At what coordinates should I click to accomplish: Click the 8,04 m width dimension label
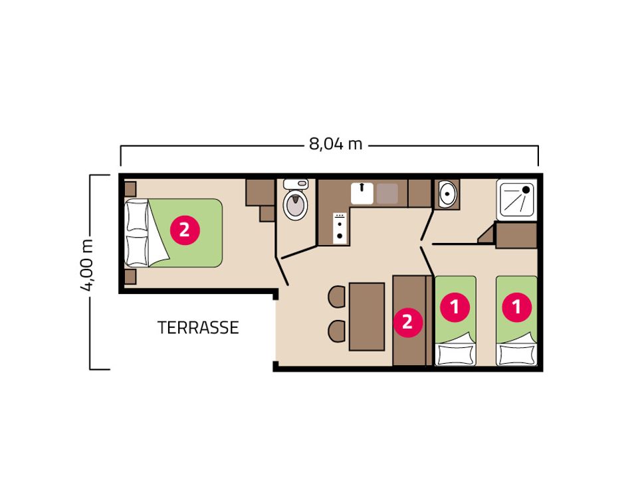pyautogui.click(x=336, y=144)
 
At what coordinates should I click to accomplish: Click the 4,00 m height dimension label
pyautogui.click(x=86, y=266)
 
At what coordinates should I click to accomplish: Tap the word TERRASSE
pyautogui.click(x=198, y=327)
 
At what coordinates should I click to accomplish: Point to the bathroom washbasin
pyautogui.click(x=447, y=194)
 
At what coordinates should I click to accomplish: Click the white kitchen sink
pyautogui.click(x=362, y=193)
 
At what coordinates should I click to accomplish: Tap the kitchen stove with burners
pyautogui.click(x=340, y=228)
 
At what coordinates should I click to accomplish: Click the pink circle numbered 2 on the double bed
pyautogui.click(x=184, y=230)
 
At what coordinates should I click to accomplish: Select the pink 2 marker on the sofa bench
pyautogui.click(x=407, y=322)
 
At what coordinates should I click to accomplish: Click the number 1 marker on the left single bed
pyautogui.click(x=455, y=307)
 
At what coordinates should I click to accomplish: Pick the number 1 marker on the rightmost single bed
pyautogui.click(x=517, y=307)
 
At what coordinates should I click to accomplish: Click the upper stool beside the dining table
pyautogui.click(x=337, y=297)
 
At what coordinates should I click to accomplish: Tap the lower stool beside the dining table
pyautogui.click(x=337, y=331)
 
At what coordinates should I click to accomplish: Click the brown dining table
pyautogui.click(x=367, y=316)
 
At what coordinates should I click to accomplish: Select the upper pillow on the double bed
pyautogui.click(x=137, y=216)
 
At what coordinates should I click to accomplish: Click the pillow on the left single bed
pyautogui.click(x=455, y=355)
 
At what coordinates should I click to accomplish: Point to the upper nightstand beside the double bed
pyautogui.click(x=130, y=189)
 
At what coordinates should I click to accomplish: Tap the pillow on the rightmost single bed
pyautogui.click(x=517, y=355)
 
